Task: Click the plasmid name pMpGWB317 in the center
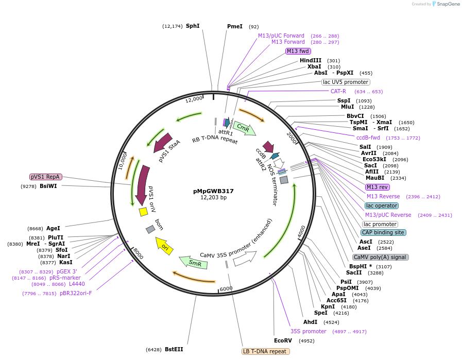(213, 191)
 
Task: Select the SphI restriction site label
(193, 26)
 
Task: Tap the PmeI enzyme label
(234, 26)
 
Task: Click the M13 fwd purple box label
(298, 51)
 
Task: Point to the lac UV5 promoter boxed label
(346, 82)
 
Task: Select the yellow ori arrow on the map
(164, 246)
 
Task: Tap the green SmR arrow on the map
(194, 263)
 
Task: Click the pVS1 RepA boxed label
(46, 177)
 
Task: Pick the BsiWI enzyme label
(48, 186)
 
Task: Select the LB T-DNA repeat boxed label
(265, 351)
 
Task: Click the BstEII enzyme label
(174, 349)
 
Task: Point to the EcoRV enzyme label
(283, 340)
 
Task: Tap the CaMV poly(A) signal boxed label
(380, 257)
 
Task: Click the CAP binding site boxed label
(383, 232)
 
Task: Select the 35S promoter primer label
(308, 331)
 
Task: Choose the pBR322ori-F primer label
(76, 293)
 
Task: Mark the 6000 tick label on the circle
(226, 289)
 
